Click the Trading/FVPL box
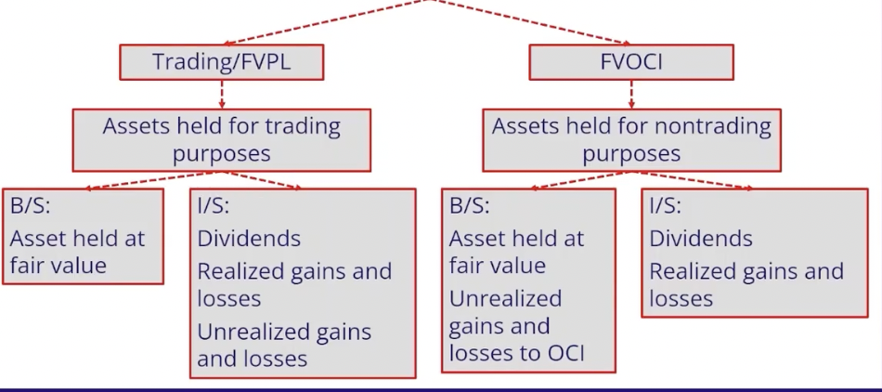221,62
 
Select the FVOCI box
630,62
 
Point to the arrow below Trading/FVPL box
221,94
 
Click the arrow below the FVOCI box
631,94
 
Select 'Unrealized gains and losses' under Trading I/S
284,345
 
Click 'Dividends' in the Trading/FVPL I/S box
249,239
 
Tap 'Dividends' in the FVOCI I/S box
701,239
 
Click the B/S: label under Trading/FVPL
31,205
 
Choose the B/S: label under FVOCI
470,205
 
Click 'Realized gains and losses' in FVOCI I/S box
746,285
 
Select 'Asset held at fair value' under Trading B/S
77,252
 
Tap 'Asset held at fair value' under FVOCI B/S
516,252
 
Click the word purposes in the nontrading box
631,153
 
